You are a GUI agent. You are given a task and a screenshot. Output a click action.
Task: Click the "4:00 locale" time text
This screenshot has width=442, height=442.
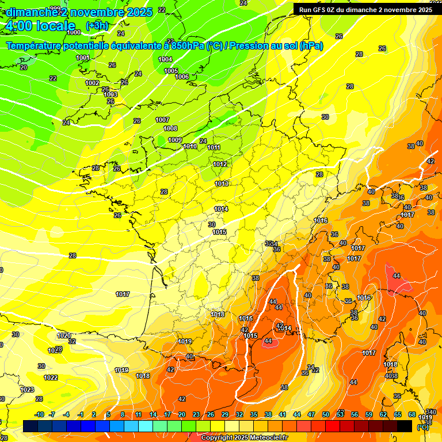tap(40, 26)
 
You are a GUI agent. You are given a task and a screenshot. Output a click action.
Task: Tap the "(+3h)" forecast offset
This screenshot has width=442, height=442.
tap(96, 26)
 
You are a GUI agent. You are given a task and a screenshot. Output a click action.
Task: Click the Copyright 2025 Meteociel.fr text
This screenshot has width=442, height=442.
tap(244, 437)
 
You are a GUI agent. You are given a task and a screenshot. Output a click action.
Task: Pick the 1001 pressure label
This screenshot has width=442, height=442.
tap(83, 58)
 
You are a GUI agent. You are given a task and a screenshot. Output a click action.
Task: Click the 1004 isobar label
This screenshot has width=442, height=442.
tap(165, 59)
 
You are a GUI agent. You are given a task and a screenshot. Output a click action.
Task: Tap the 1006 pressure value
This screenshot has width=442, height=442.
tap(182, 77)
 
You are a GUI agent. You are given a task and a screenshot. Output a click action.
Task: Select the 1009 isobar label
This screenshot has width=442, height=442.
tap(175, 140)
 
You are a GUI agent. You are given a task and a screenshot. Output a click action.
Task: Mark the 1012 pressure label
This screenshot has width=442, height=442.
tap(220, 164)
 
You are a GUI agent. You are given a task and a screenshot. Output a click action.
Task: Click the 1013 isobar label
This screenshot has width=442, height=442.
tap(222, 184)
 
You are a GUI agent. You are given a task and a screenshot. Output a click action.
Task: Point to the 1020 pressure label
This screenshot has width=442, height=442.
tap(63, 336)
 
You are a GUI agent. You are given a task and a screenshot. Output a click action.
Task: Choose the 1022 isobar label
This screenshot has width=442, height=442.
tap(51, 378)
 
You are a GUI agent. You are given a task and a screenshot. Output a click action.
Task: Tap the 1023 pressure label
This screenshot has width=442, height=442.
tap(27, 390)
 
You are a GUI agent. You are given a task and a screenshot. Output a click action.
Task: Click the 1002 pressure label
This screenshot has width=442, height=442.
tap(92, 83)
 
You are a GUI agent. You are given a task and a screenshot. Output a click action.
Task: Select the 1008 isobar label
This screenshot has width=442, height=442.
tap(170, 128)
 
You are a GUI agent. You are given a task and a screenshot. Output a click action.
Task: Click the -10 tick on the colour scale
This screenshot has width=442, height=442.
tap(39, 414)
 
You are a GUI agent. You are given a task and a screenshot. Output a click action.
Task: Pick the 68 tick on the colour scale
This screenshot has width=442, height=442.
tap(412, 414)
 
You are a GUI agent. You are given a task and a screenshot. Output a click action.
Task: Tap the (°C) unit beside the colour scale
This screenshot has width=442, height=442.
tap(422, 426)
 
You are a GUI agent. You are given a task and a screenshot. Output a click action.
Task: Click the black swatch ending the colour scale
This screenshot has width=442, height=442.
tap(405, 426)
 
